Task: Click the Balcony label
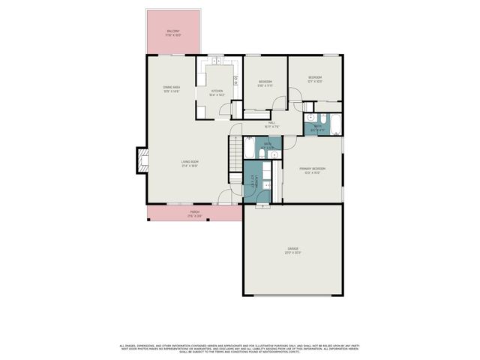point(173,31)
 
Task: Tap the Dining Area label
point(172,88)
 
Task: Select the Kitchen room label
point(217,92)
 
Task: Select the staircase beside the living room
point(235,149)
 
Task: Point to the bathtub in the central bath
point(247,152)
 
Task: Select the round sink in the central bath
point(274,154)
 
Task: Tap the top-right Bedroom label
point(315,78)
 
